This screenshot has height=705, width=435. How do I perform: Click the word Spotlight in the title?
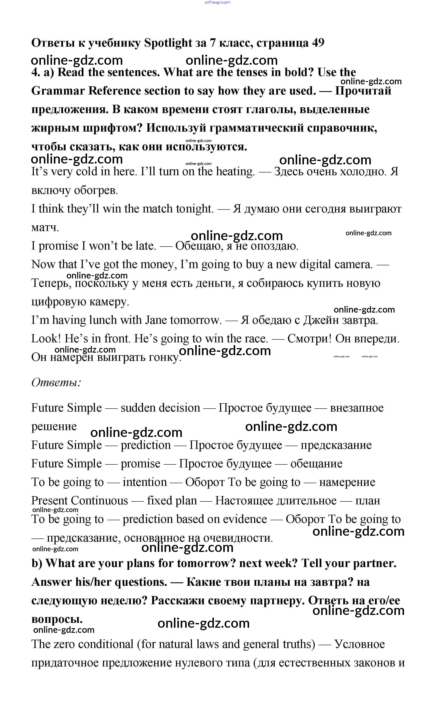(x=168, y=43)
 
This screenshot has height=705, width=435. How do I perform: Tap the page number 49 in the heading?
(x=318, y=43)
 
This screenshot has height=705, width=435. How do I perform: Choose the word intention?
(x=145, y=482)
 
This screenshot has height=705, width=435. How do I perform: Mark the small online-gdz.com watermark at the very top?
(x=217, y=2)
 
